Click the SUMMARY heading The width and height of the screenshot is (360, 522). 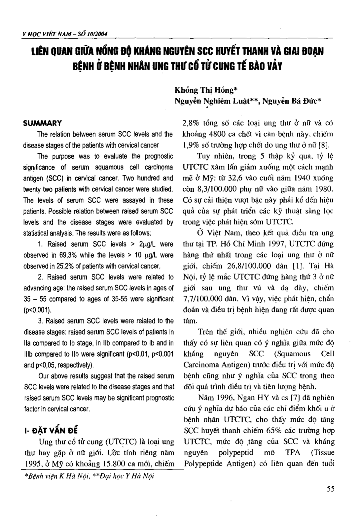tap(42, 123)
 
